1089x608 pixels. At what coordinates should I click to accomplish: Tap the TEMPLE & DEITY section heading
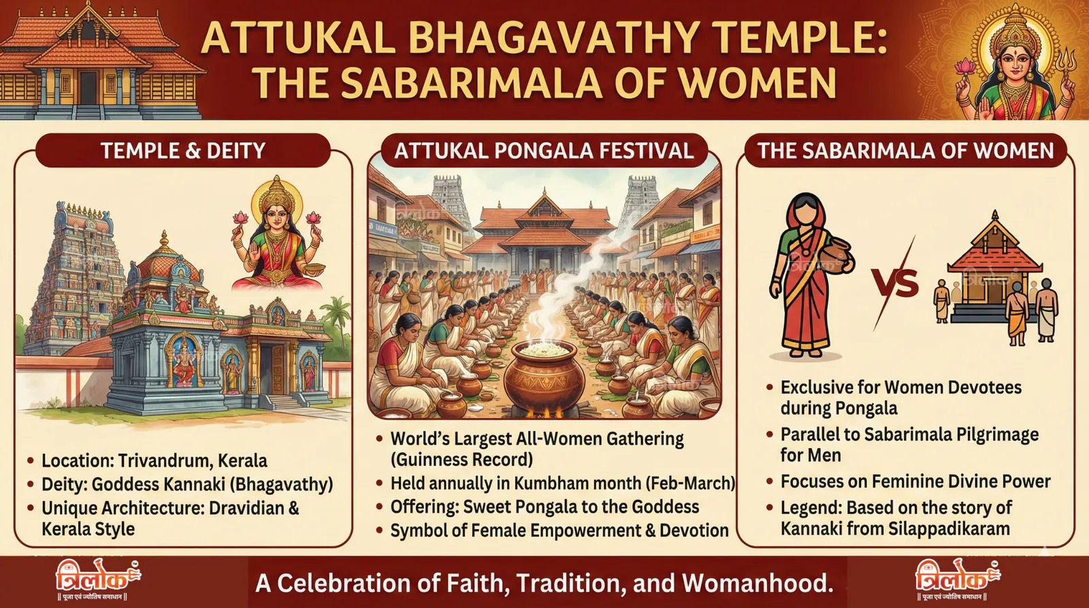click(183, 150)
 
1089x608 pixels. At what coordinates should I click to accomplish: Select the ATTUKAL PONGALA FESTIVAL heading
click(544, 150)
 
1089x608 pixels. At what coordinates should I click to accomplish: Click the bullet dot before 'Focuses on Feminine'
click(770, 481)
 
